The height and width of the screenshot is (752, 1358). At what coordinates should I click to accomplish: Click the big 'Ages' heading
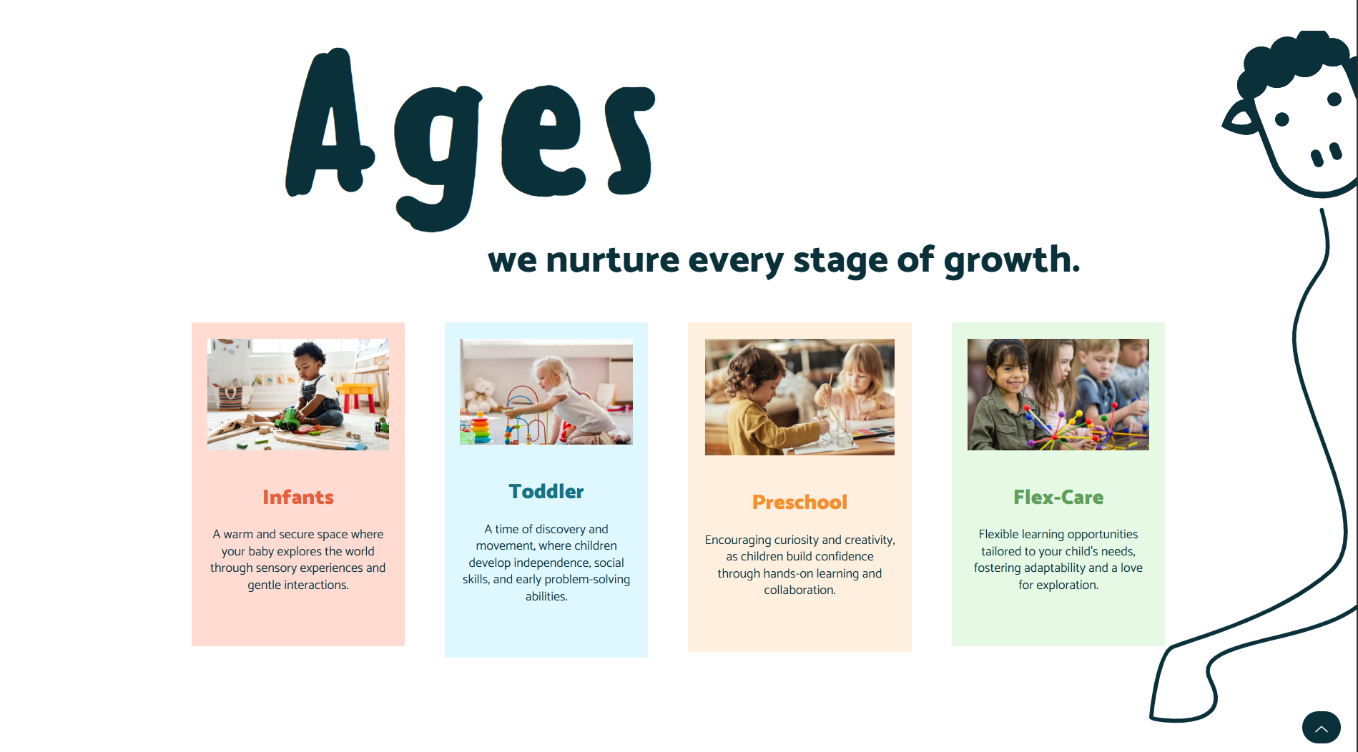tap(470, 139)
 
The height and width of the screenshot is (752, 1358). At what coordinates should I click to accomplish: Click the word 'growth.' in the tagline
tap(1012, 261)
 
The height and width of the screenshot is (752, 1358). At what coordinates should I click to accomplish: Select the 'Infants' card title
tap(298, 497)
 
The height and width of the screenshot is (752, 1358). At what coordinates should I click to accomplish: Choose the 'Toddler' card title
tap(546, 491)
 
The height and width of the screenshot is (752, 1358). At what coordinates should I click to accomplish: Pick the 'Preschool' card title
tap(799, 502)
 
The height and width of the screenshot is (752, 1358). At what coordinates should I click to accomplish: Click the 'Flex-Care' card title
tap(1058, 497)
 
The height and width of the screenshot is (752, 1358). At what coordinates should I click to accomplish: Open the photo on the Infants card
tap(298, 394)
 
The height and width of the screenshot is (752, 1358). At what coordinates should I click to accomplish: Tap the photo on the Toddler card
tap(546, 392)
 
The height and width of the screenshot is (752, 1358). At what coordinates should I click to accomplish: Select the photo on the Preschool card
tap(799, 397)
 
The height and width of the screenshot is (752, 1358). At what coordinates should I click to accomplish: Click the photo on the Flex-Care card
tap(1058, 394)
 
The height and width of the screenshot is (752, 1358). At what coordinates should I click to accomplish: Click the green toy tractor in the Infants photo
tap(289, 420)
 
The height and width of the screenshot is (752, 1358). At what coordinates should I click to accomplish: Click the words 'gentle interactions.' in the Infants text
tap(298, 585)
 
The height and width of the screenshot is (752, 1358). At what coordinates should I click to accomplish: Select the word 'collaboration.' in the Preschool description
tap(799, 590)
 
